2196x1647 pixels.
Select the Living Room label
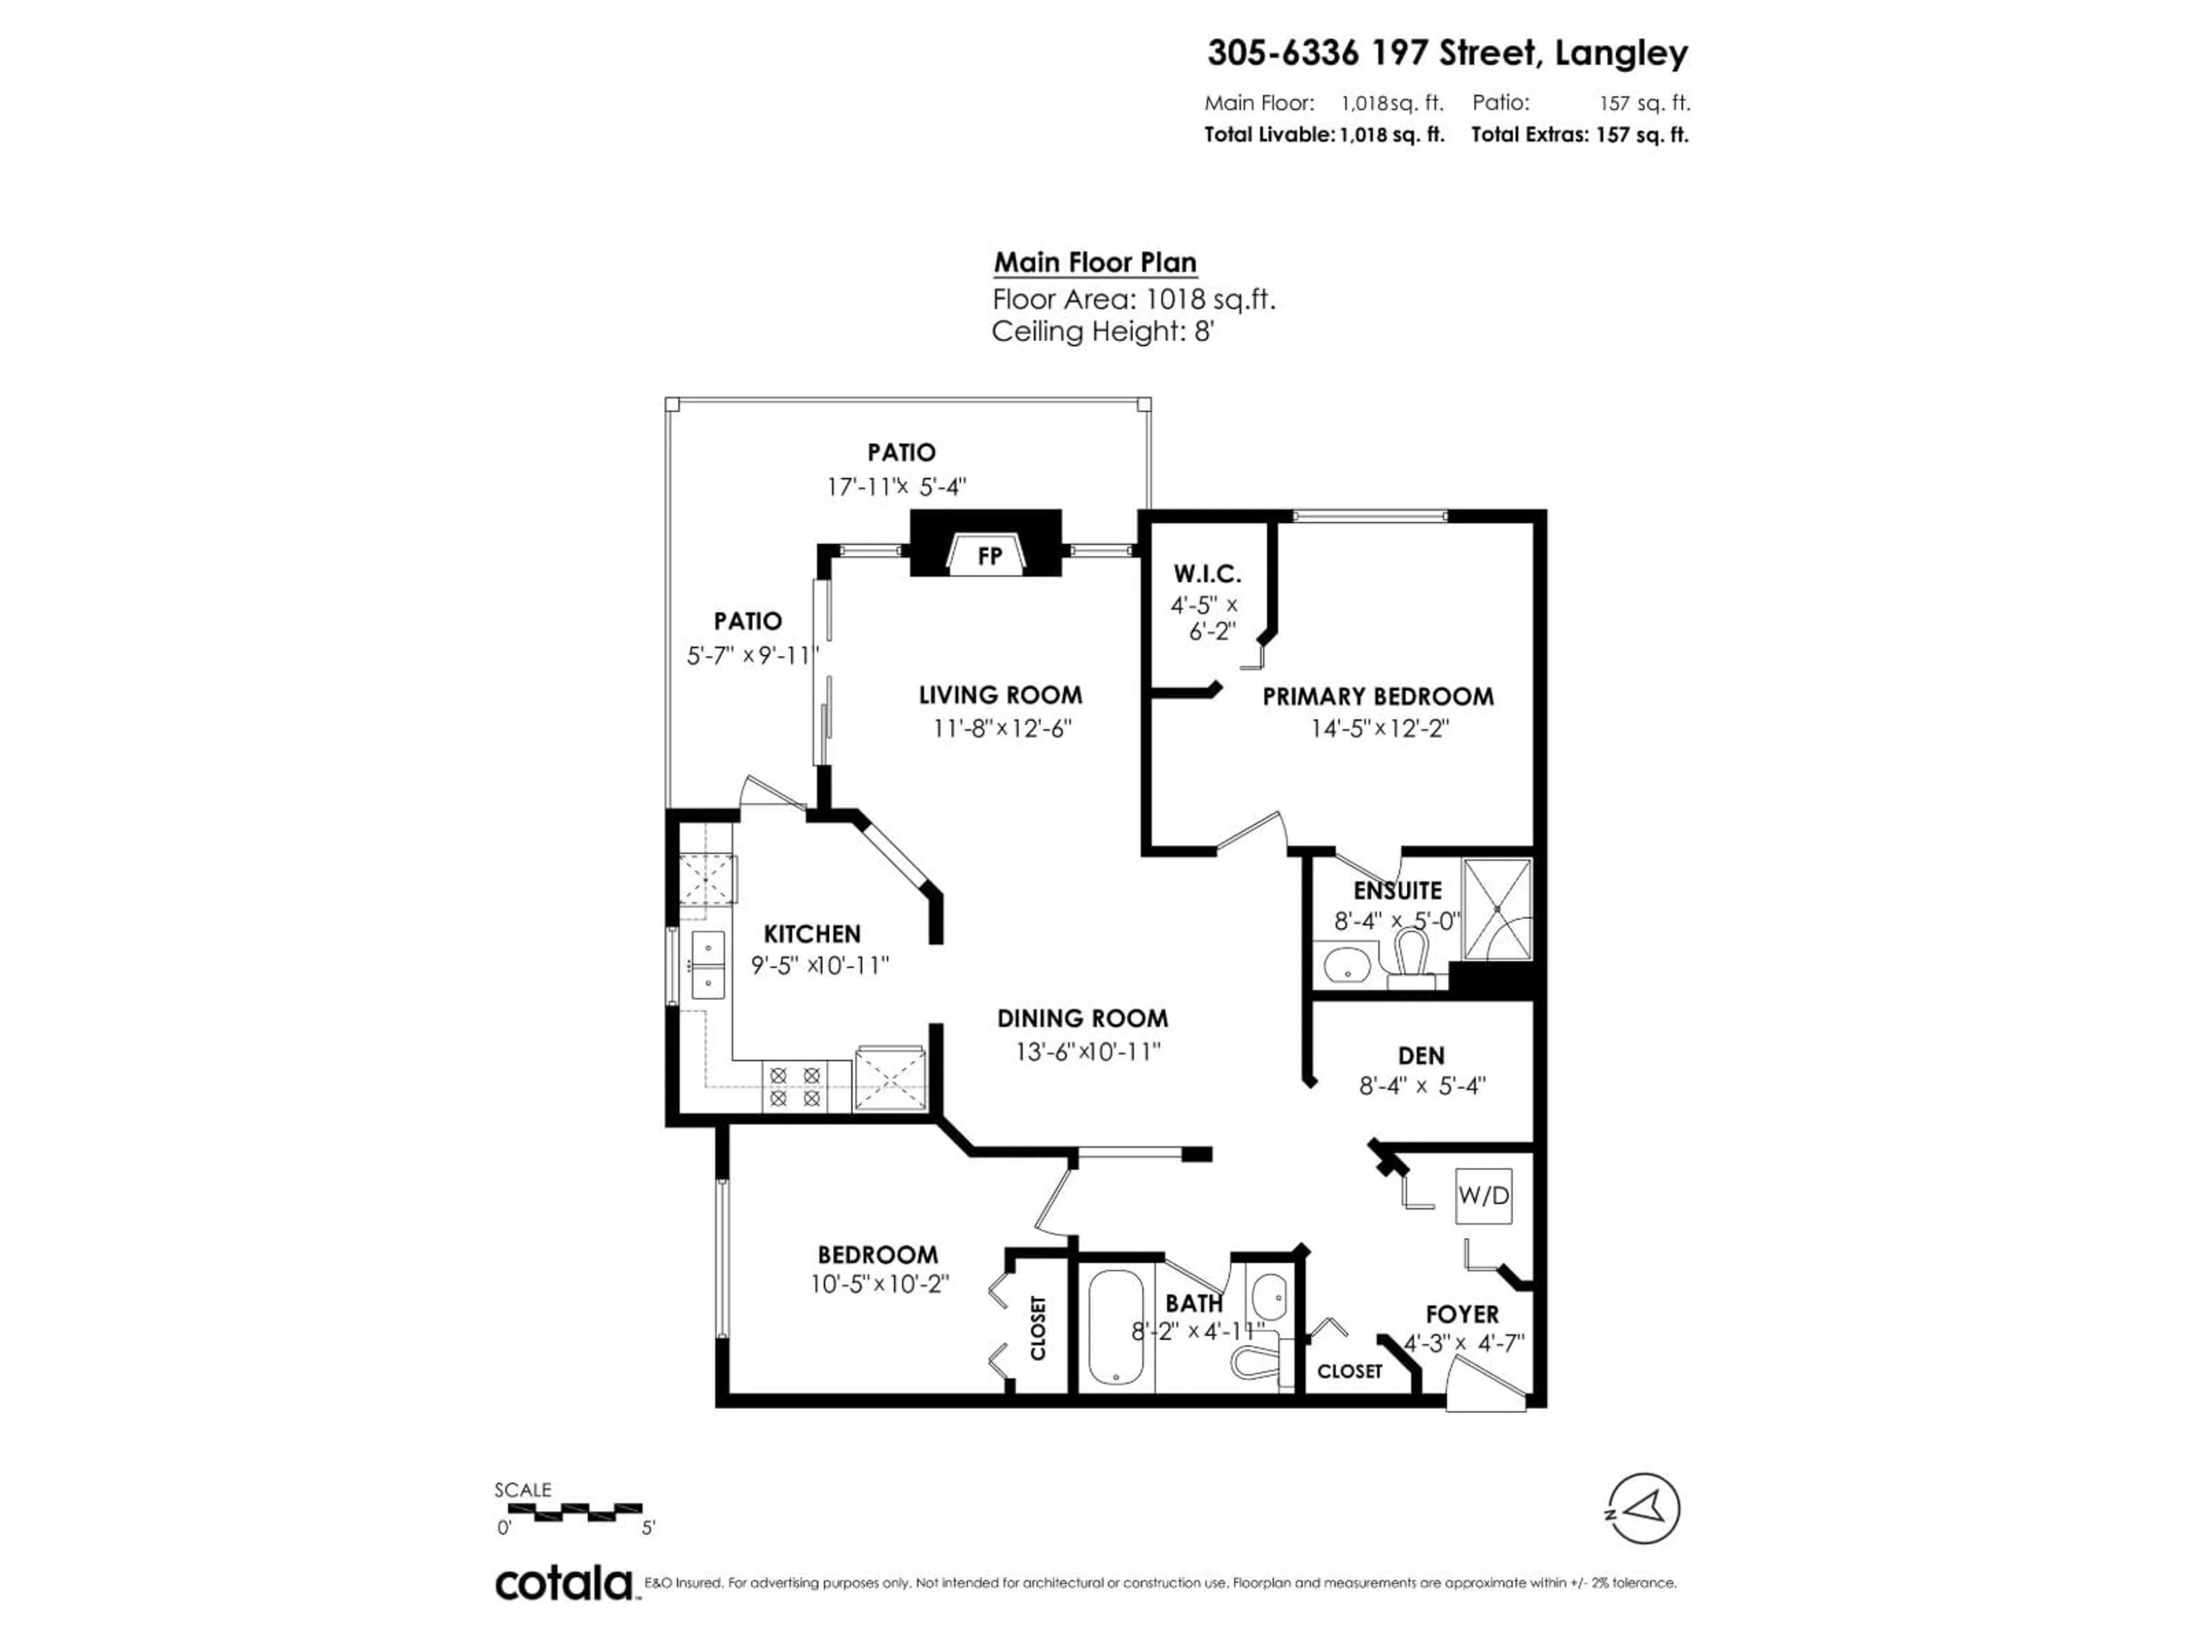[x=1000, y=695]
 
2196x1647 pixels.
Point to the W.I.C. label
[x=1207, y=574]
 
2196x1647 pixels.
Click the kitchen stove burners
[x=794, y=1086]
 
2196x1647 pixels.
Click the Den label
[x=1421, y=1055]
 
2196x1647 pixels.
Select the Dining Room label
[x=1082, y=1019]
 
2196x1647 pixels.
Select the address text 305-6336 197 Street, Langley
[x=1446, y=53]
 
